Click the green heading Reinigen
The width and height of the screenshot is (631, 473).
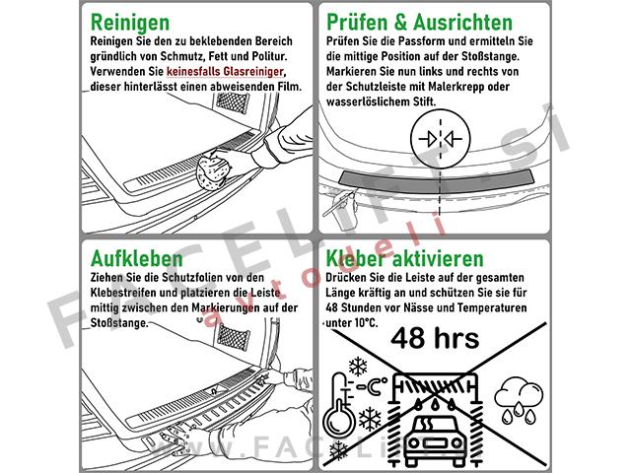(x=130, y=23)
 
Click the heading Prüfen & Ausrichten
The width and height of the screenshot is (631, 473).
(x=419, y=22)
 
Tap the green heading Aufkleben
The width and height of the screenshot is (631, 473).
(x=137, y=258)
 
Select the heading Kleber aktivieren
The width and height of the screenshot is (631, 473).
(x=404, y=258)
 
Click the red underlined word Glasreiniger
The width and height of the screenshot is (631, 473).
(x=253, y=72)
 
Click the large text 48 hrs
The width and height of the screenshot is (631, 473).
(x=435, y=338)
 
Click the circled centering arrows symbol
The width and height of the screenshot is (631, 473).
(x=441, y=139)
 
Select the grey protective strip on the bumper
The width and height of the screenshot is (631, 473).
(x=437, y=178)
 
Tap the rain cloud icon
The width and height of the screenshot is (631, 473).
(x=519, y=402)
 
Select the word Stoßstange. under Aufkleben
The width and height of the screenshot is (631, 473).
(x=119, y=323)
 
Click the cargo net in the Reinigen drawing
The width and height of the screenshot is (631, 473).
(x=233, y=102)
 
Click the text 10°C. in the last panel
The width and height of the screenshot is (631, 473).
(x=367, y=323)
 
